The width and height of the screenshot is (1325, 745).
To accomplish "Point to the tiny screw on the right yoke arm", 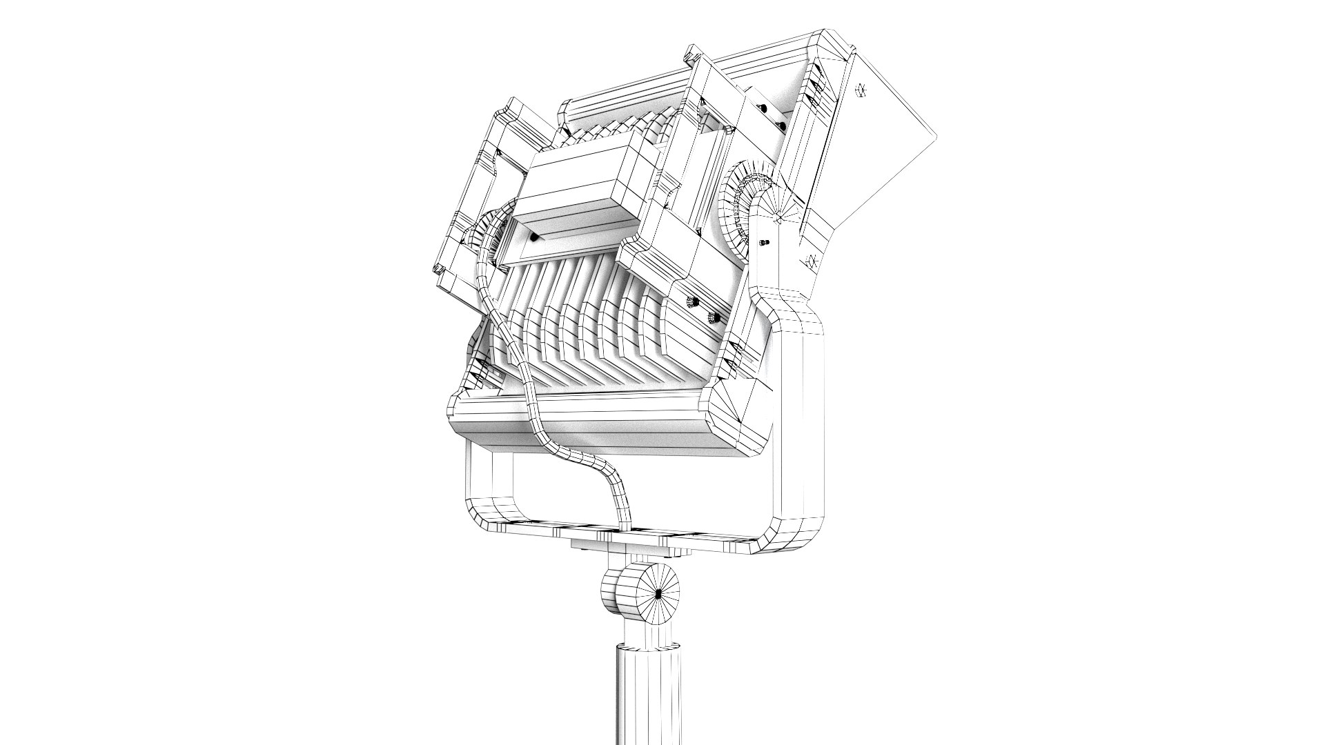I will (765, 243).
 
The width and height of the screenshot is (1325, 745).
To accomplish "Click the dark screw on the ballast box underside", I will (535, 237).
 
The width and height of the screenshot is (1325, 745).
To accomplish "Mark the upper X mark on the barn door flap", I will (861, 90).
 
